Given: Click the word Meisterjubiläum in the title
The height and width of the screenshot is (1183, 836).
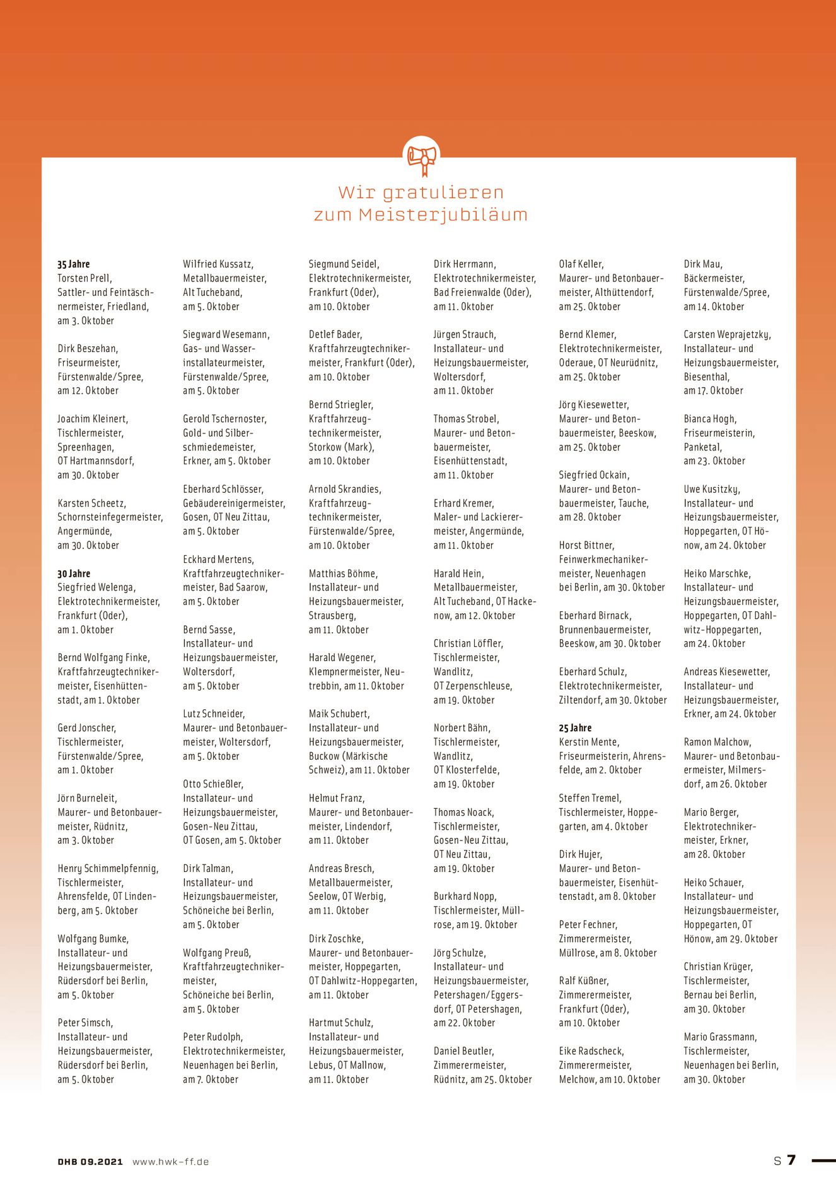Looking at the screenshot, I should [443, 215].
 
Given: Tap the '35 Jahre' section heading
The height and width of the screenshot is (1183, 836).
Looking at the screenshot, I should [74, 264].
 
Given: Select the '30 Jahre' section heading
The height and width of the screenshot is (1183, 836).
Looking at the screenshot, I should [74, 574].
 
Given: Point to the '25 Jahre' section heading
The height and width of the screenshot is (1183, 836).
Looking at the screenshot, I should [575, 728].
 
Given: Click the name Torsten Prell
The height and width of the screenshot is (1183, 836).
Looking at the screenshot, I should [84, 278].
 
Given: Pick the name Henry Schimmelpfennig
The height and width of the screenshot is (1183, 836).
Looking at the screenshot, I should [108, 869].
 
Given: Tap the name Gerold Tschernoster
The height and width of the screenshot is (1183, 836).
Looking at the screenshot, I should [224, 419].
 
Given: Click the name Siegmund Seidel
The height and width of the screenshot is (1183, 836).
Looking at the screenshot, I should [344, 264].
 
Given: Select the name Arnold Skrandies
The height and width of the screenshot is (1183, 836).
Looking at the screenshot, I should [345, 489].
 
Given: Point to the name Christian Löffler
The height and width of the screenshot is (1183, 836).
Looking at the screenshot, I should [468, 644].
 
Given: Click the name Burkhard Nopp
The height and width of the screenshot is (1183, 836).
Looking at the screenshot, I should [465, 897].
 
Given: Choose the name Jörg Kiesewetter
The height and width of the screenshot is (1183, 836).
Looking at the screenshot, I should [593, 405].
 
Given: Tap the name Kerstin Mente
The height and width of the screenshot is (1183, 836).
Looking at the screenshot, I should [589, 742].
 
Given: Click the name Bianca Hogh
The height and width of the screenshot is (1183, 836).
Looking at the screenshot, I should [710, 419].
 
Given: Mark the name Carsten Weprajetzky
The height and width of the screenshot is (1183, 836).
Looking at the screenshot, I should [727, 334].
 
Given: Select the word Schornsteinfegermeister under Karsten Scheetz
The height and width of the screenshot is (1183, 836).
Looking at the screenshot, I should [110, 517].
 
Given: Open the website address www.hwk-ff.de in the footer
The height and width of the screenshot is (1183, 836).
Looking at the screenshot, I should [170, 1162].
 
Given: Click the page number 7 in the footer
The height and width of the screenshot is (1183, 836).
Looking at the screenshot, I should [791, 1160].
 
